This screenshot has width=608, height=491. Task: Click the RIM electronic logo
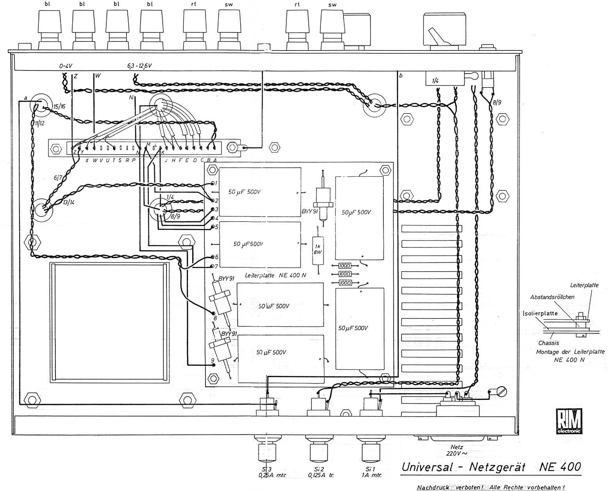tap(569, 421)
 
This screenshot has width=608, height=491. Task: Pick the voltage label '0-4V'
tap(66, 67)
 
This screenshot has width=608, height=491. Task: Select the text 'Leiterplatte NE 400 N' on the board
tap(275, 275)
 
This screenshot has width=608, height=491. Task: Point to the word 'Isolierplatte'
tap(540, 313)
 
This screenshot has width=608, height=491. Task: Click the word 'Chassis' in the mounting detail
tap(548, 343)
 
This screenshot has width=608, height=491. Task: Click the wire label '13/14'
tap(71, 202)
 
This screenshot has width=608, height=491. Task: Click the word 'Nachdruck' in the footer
tap(433, 487)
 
